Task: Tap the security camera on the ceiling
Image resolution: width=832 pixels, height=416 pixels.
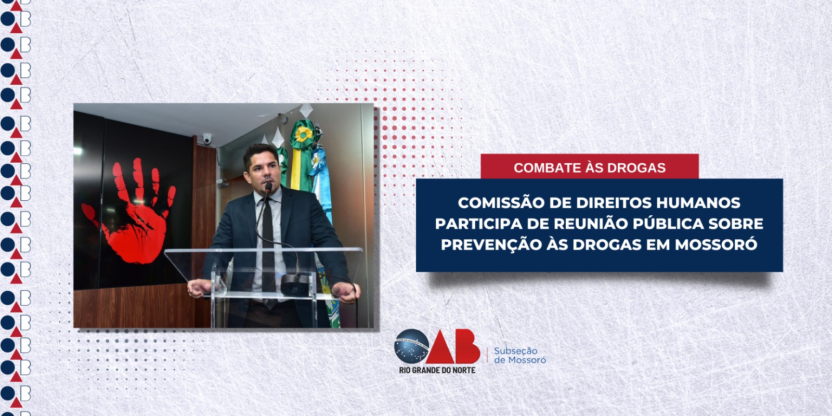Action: [207, 138]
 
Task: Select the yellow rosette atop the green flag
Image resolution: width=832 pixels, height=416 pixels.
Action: [304, 135]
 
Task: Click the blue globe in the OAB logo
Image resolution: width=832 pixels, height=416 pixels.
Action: [411, 346]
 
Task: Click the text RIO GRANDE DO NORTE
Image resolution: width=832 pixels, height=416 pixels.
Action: [437, 370]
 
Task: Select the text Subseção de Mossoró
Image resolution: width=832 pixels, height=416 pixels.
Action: [520, 356]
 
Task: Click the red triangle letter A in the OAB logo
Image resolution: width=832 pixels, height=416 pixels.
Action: [440, 347]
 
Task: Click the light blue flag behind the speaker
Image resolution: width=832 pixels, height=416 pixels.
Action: [322, 182]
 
